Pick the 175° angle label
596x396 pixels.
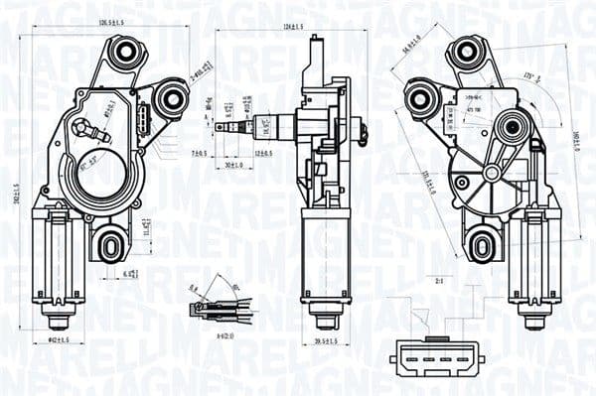click(x=531, y=76)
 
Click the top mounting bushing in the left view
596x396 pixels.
click(x=125, y=53)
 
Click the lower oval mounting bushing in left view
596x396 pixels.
click(x=111, y=241)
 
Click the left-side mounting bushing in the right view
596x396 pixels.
click(x=418, y=97)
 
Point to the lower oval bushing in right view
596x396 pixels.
click(x=483, y=242)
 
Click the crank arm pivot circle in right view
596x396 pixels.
click(x=513, y=126)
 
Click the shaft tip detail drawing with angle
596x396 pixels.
click(x=215, y=307)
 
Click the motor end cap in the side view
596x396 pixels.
click(x=325, y=318)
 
